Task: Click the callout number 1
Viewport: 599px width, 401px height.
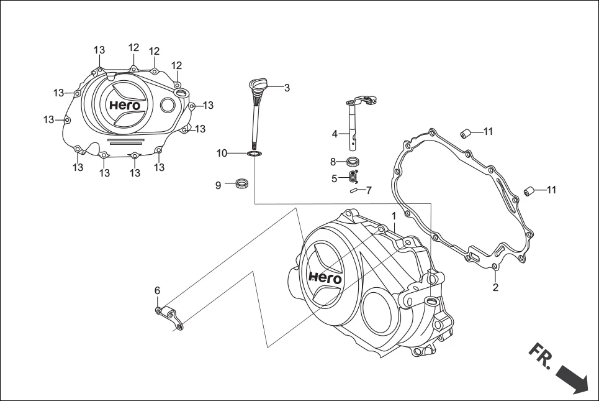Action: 394,215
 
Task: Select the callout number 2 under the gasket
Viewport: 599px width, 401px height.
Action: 495,287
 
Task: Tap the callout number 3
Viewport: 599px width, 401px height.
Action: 287,88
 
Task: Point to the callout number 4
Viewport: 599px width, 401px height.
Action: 335,134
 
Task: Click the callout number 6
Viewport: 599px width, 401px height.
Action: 157,290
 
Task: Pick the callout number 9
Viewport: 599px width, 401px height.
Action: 218,185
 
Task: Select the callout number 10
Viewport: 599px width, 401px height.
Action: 222,153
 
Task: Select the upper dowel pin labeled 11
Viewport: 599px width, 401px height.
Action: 465,132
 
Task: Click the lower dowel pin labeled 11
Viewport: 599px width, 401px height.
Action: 529,190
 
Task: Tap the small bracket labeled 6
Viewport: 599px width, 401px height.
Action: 169,316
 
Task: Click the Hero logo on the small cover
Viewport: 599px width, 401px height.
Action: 125,105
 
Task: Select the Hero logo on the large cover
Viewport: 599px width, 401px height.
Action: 325,277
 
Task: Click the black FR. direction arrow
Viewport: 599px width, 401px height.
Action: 570,378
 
